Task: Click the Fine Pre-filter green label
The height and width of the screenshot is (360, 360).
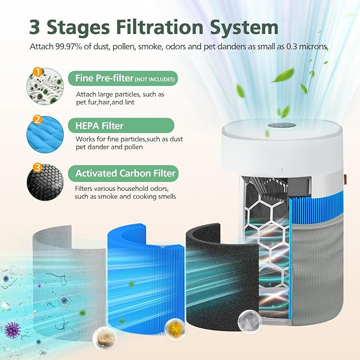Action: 122,79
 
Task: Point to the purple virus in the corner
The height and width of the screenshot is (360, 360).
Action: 11,330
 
